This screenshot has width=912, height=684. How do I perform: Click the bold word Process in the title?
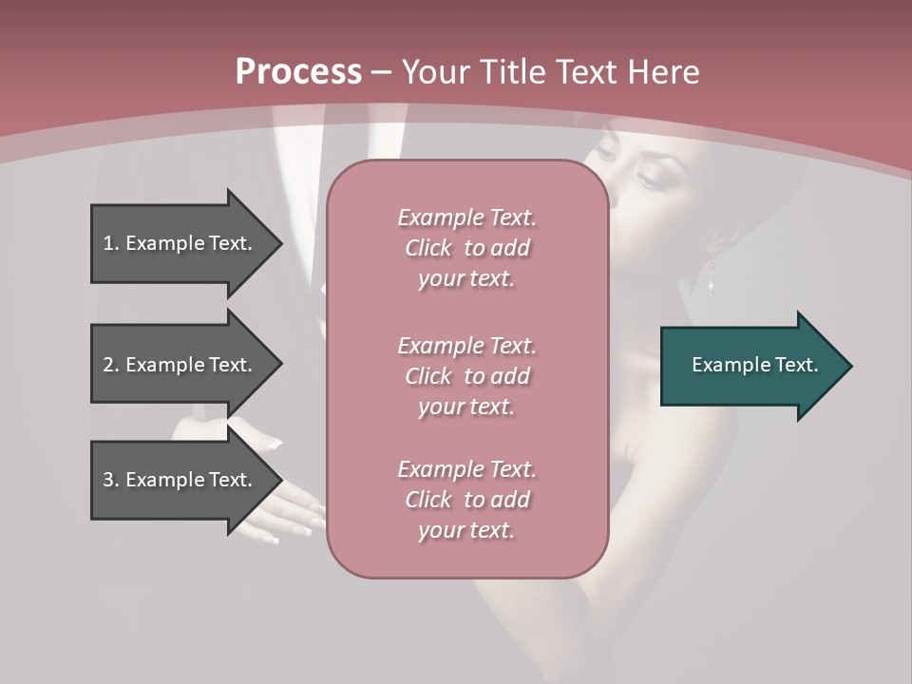coord(298,72)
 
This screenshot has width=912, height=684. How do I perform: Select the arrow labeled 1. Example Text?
coord(180,243)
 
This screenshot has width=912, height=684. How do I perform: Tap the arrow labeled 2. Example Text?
coord(180,365)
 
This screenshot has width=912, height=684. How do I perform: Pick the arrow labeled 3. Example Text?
coord(180,480)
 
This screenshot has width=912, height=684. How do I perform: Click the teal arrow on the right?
coord(750,365)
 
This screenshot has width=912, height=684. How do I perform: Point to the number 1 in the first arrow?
coord(108,243)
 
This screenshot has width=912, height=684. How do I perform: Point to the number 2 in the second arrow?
coord(108,365)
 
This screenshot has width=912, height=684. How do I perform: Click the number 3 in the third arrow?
coord(108,480)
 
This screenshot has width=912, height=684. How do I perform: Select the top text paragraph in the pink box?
coord(466,248)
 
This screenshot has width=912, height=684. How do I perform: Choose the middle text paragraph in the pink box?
coord(466,376)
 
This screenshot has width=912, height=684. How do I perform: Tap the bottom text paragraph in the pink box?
coord(466,500)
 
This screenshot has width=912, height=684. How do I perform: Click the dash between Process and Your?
coord(382,72)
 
